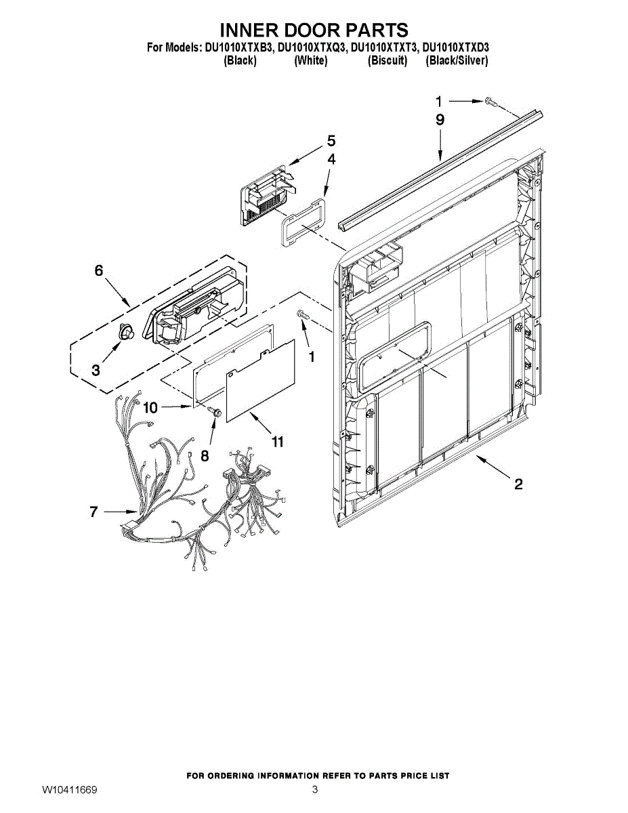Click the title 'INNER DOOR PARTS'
[314, 30]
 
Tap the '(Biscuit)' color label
[387, 61]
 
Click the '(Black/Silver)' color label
[456, 61]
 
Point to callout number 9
[440, 120]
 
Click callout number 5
[331, 141]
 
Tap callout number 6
[99, 270]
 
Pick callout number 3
[96, 371]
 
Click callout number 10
[150, 407]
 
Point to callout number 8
[205, 456]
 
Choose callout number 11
[277, 442]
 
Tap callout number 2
[518, 484]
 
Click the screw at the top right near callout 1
[493, 102]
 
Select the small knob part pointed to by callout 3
[126, 332]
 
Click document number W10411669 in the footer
[70, 790]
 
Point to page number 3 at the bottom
[314, 790]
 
